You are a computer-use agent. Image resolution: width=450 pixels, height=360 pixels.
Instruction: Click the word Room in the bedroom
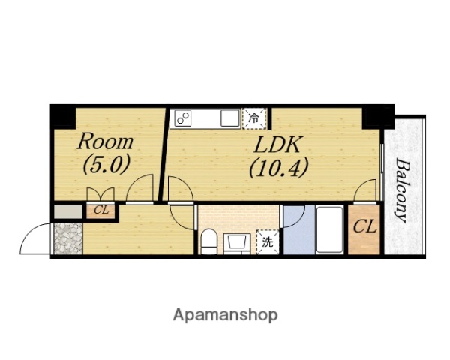[105, 142]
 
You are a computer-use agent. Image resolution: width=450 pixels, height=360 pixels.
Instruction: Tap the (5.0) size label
[106, 164]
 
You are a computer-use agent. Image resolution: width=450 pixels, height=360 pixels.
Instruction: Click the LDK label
[277, 145]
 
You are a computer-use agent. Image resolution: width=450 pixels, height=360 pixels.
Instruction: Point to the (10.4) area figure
[278, 168]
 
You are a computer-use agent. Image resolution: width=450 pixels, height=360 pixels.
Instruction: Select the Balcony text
[403, 190]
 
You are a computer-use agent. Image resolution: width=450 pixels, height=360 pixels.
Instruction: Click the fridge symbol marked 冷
[254, 118]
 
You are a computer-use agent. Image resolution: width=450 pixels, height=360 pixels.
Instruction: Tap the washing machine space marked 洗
[268, 242]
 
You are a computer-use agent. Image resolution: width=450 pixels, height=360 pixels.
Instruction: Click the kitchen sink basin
[230, 118]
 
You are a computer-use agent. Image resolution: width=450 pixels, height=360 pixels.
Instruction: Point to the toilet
[208, 241]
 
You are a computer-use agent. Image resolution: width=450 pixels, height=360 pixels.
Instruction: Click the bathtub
[330, 229]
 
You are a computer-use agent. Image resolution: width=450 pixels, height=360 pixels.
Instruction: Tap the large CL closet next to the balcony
[364, 229]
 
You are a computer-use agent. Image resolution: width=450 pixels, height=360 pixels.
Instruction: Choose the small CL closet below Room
[101, 211]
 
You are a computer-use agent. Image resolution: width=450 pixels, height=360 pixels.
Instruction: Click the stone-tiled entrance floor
[68, 238]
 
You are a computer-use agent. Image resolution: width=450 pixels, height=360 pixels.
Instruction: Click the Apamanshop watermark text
[225, 316]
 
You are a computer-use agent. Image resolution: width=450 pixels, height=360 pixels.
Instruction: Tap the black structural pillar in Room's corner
[63, 117]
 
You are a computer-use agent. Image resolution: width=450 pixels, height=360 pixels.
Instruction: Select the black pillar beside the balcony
[378, 117]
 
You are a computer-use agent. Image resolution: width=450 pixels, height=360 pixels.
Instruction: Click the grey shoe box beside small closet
[68, 211]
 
